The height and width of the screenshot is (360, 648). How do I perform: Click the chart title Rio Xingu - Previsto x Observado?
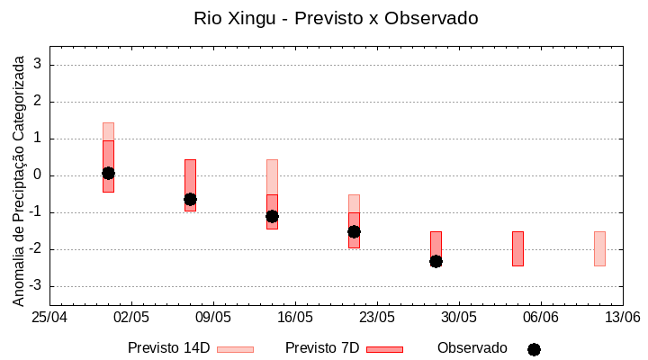pos(336,18)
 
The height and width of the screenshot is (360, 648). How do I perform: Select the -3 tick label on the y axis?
pos(36,286)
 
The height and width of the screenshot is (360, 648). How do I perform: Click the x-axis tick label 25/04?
pos(50,318)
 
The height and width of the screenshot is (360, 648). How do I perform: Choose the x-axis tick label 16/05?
pos(295,318)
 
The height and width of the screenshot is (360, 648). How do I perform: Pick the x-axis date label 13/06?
pos(622,318)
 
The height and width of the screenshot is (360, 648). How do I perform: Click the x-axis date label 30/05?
pos(459,318)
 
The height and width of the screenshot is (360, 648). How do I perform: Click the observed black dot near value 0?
pos(108,173)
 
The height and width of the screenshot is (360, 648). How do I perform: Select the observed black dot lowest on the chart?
pos(436,261)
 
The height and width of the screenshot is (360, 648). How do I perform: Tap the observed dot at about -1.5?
pos(354,231)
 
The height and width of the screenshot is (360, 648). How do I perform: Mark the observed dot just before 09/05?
pos(190,199)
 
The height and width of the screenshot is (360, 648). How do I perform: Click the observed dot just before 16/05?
pos(272,216)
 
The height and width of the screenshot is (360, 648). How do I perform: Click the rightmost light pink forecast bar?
pos(599,248)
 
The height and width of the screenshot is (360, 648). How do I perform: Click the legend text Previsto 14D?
pos(168,348)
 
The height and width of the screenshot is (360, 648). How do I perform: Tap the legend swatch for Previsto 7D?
pos(384,349)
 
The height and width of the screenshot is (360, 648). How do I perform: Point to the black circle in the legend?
pos(534,349)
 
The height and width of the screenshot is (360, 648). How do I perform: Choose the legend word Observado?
pos(472,348)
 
